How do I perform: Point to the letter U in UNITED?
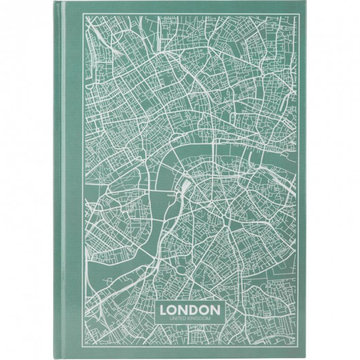click(x=162, y=319)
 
